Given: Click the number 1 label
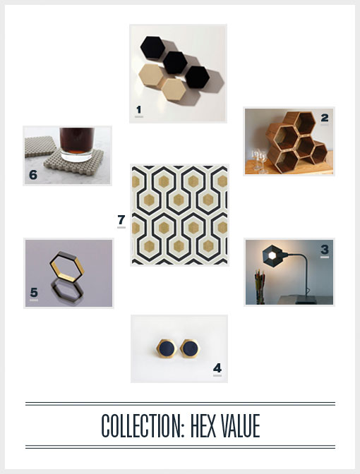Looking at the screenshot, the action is point(139,109).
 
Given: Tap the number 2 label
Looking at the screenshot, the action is point(325,118).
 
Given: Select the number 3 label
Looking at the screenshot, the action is point(325,250).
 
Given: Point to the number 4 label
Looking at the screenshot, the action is point(217,368).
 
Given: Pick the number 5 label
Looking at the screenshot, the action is point(34,292).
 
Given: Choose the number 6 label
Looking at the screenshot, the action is point(33,175).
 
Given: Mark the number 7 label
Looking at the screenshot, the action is point(121,219).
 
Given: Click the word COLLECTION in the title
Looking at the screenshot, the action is point(143,426).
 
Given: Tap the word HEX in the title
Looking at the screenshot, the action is point(203,426).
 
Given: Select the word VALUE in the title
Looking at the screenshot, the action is point(240,426).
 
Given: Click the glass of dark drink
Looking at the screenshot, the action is point(76,145).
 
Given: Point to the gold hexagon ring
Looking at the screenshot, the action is point(67,267).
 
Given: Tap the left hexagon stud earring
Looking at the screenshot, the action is point(167,348).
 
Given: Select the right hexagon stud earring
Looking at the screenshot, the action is point(190,348).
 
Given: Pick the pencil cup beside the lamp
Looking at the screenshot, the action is point(260,287).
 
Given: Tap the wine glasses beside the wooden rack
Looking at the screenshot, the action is point(259,161).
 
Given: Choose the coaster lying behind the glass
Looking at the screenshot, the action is point(40,146).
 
